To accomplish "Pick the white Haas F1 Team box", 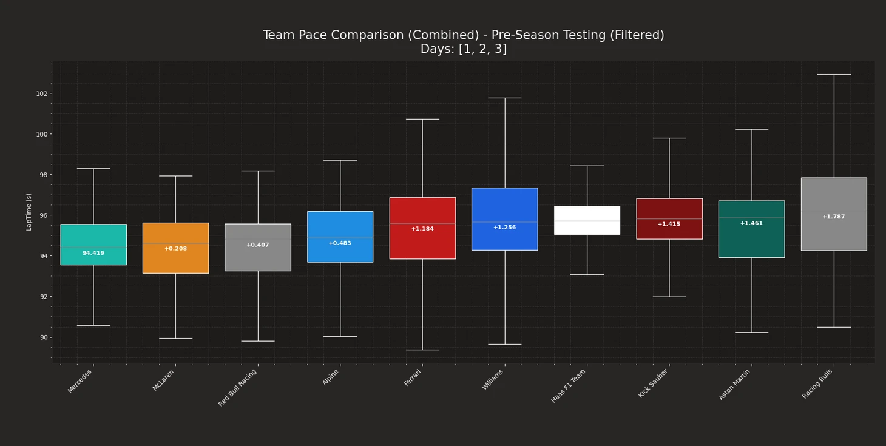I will pos(587,214).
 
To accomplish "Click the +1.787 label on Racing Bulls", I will pos(833,217).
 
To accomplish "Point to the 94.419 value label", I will pos(93,253).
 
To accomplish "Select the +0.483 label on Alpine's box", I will pos(340,243).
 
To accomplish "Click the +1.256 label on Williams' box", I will pos(504,228).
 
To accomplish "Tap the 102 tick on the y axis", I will pos(42,93).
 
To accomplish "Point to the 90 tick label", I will pos(42,337).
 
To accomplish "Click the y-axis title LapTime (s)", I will pos(29,212).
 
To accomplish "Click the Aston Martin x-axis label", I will pos(735,384).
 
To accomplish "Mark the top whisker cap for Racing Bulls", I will pos(834,75).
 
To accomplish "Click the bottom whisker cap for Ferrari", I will pos(422,350).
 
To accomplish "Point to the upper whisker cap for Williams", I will pos(504,98).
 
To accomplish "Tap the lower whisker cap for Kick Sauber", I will pos(669,297).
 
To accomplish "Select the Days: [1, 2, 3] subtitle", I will pos(464,49).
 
